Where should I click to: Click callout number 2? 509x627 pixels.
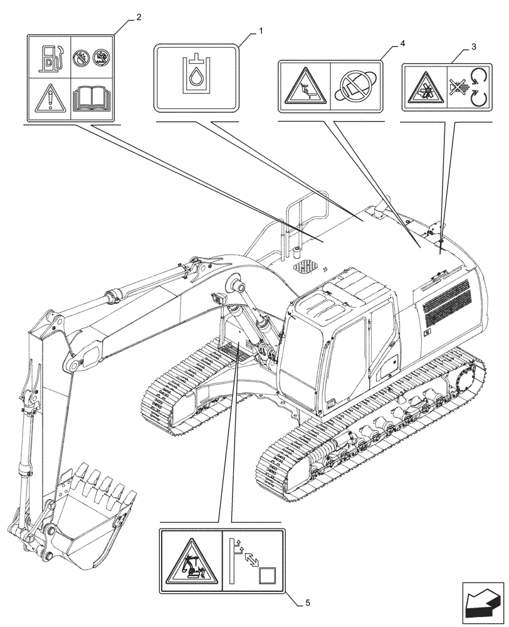click(138, 17)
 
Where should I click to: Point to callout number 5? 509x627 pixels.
click(307, 603)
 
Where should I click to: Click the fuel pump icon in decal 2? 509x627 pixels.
click(50, 56)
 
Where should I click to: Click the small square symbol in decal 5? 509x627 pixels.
click(267, 576)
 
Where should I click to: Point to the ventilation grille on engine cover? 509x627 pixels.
click(446, 301)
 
